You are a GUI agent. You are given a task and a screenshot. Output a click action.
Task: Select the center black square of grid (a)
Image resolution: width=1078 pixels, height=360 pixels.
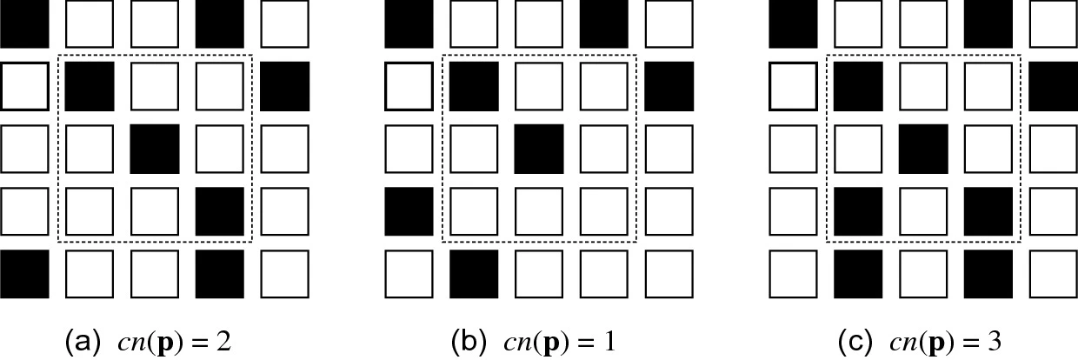pos(154,149)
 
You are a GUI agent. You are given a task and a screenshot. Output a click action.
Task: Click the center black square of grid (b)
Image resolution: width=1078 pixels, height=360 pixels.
pos(539,149)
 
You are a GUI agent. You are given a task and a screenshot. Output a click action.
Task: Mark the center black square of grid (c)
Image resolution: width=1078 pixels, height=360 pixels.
pos(923,149)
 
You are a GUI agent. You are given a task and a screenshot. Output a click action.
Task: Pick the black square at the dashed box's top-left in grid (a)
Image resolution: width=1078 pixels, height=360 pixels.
pos(90,86)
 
